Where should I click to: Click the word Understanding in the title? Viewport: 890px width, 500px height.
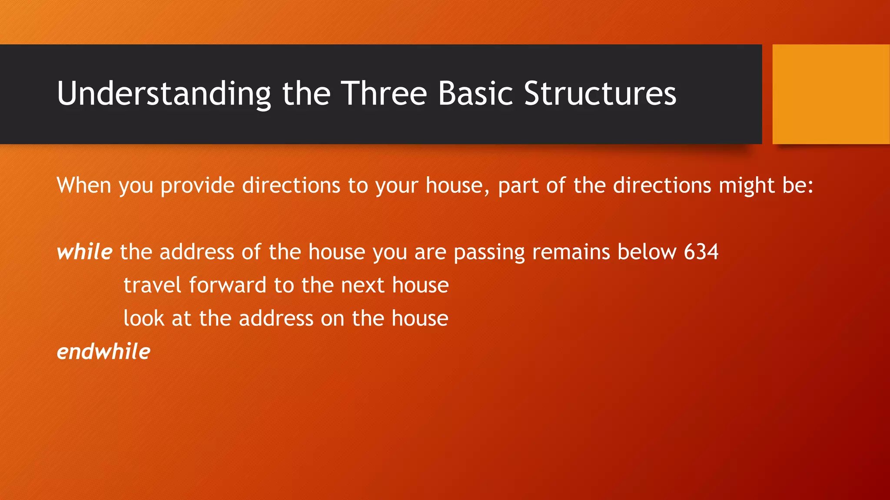point(164,94)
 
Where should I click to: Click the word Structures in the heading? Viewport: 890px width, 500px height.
point(600,94)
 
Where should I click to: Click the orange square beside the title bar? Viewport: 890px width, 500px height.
point(831,94)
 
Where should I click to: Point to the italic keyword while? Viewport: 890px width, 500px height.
point(85,252)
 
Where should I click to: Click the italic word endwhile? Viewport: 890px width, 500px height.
point(103,352)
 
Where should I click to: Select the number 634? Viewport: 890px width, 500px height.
point(701,252)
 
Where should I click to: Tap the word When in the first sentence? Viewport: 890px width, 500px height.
point(84,185)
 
